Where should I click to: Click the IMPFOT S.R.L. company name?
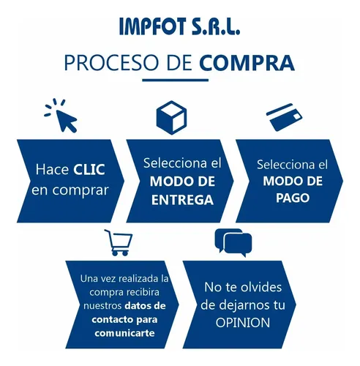pyautogui.click(x=180, y=26)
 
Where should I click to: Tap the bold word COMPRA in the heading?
pyautogui.click(x=247, y=63)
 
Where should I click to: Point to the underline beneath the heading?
pyautogui.click(x=176, y=80)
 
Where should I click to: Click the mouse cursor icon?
pyautogui.click(x=61, y=116)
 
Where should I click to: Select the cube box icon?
pyautogui.click(x=172, y=118)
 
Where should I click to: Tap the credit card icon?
pyautogui.click(x=284, y=117)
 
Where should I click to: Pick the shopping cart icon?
pyautogui.click(x=119, y=242)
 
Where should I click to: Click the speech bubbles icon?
pyautogui.click(x=233, y=242)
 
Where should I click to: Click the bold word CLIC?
pyautogui.click(x=89, y=169)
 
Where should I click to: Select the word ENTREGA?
pyautogui.click(x=182, y=200)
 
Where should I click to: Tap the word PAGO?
pyautogui.click(x=293, y=198)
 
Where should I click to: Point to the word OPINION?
pyautogui.click(x=243, y=323)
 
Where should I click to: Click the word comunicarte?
pyautogui.click(x=124, y=333)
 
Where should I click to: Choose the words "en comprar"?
pyautogui.click(x=70, y=190)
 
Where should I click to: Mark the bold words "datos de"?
pyautogui.click(x=146, y=305)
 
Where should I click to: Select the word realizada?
pyautogui.click(x=137, y=279)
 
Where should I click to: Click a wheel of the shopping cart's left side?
pyautogui.click(x=115, y=253)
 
